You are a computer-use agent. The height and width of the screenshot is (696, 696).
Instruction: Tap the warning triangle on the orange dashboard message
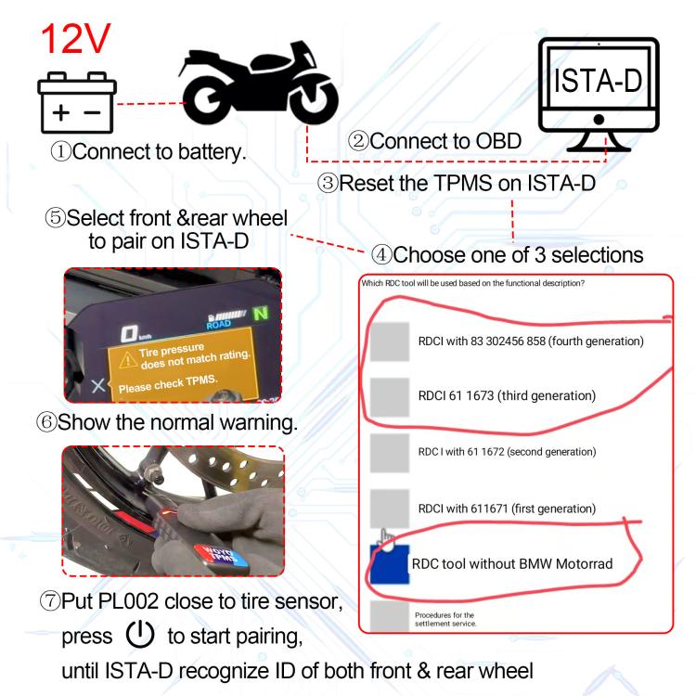click(120, 361)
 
